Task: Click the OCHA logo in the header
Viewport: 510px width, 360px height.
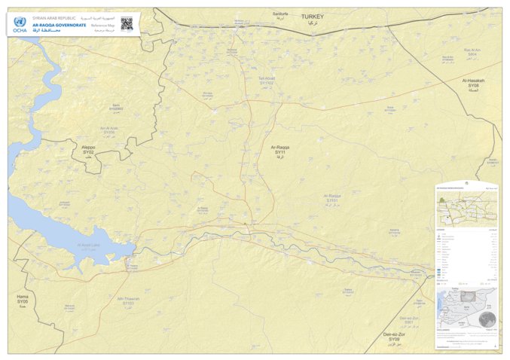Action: tap(20, 25)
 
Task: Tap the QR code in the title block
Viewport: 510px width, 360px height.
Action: tap(127, 23)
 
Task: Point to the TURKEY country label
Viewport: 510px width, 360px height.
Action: tap(311, 17)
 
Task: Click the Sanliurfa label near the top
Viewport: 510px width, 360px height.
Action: tap(280, 14)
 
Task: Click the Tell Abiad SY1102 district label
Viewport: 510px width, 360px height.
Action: tap(267, 80)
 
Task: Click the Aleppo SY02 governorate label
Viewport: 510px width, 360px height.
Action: tap(88, 150)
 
